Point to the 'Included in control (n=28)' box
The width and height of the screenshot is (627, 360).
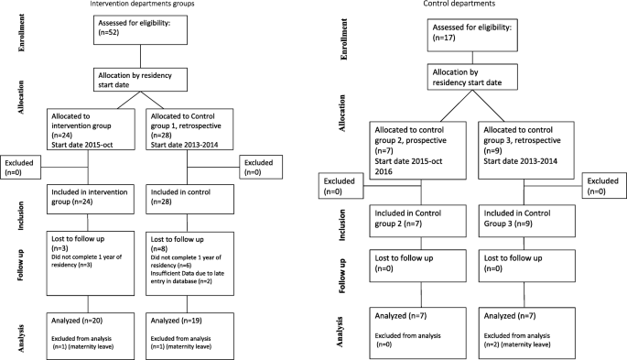tap(193, 195)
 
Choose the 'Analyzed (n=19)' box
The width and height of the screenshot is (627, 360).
tap(193, 330)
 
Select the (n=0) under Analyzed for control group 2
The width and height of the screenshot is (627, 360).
tap(388, 344)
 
